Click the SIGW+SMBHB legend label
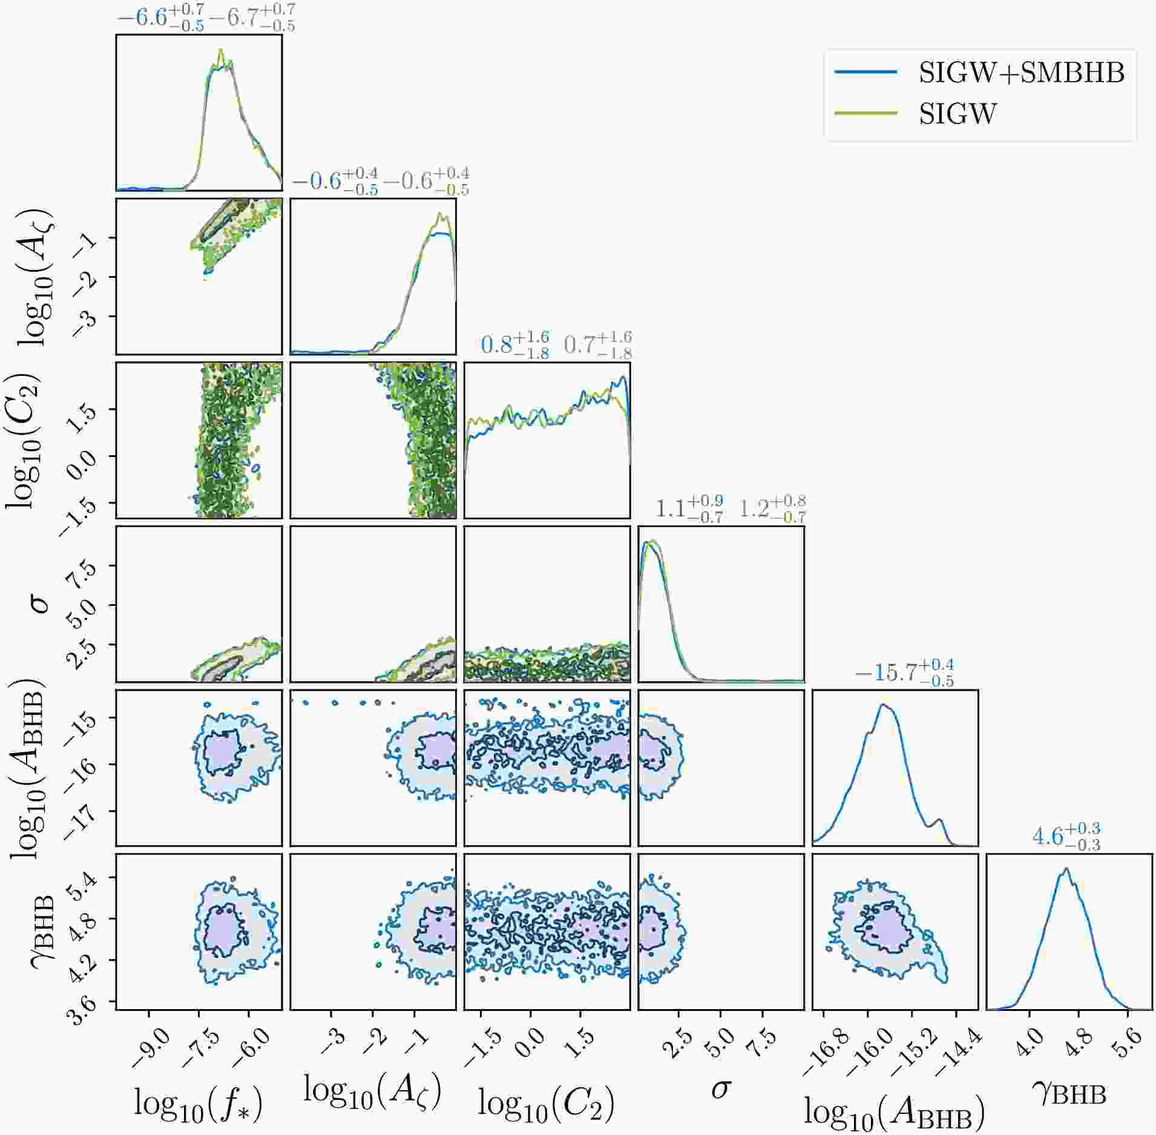1021,73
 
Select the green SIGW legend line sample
865,113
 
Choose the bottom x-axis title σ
720,1090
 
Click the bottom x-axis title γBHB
1069,1093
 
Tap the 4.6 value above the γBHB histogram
1048,837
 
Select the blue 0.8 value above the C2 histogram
496,345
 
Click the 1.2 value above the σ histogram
754,509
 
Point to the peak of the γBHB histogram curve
1066,869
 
